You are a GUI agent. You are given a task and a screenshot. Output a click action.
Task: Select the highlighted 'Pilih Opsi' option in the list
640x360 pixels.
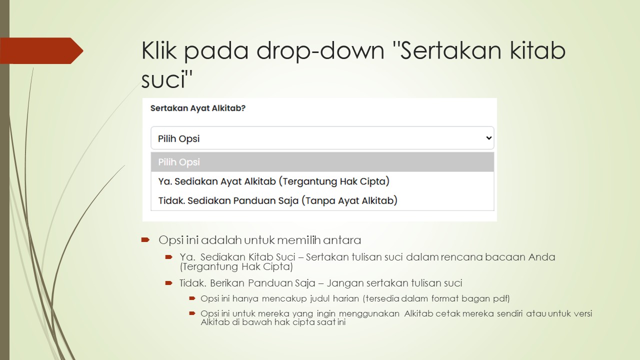point(179,162)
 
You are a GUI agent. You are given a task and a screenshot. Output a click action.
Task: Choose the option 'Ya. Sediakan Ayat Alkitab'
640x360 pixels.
point(273,181)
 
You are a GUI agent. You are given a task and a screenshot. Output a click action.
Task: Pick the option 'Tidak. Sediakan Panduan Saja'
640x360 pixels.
point(277,200)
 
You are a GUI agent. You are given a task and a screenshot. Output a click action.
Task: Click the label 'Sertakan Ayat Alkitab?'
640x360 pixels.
point(198,108)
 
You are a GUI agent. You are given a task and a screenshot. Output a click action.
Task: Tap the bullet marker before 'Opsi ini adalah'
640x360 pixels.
point(145,240)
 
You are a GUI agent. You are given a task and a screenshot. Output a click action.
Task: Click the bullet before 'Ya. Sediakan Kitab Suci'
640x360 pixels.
point(169,257)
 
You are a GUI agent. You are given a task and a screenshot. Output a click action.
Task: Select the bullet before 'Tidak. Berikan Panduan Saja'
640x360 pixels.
point(169,283)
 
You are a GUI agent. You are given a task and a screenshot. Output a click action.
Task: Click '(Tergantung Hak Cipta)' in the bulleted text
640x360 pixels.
point(236,267)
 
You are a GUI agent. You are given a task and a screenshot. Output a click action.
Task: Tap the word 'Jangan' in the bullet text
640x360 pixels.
point(344,283)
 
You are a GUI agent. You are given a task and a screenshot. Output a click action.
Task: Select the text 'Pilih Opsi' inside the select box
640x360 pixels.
point(179,138)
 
